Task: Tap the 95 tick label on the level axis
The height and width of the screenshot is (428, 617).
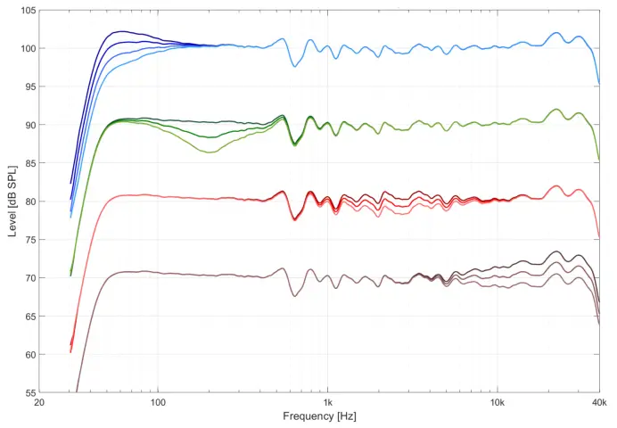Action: point(29,86)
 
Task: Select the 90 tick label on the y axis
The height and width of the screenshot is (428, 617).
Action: point(29,125)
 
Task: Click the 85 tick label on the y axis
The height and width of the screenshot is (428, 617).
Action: point(29,163)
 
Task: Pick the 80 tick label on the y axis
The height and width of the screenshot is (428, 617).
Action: point(29,202)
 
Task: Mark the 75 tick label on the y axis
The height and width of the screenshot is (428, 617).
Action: point(29,240)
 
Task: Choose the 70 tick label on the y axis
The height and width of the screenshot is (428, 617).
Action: point(29,278)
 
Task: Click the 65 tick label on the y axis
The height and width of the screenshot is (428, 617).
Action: point(29,317)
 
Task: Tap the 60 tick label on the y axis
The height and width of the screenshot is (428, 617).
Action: point(29,355)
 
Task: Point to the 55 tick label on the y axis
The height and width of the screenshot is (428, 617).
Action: point(29,393)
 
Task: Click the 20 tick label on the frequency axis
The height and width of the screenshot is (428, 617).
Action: point(39,403)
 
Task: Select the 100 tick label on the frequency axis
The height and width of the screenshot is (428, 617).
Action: point(158,403)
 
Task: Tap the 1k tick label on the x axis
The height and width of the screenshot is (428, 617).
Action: point(328,403)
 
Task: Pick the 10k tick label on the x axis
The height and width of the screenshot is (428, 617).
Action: point(498,403)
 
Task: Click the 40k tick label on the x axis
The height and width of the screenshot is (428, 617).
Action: point(599,403)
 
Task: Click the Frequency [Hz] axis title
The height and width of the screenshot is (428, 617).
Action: point(319,416)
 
